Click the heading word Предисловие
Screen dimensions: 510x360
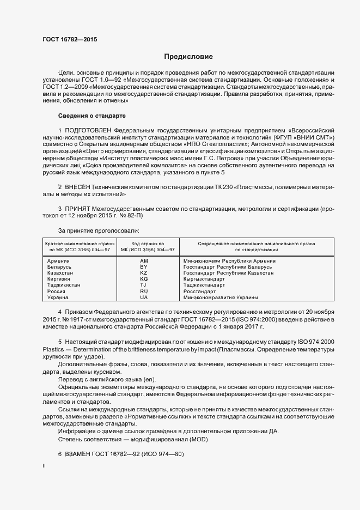188,57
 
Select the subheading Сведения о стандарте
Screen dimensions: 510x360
91,116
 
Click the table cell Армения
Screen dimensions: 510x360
59,261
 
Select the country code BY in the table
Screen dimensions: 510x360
144,267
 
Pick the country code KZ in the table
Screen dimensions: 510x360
144,273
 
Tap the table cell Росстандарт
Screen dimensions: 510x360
201,292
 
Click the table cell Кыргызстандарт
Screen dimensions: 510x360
205,279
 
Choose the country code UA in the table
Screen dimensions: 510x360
144,297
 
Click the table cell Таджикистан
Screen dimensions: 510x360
64,286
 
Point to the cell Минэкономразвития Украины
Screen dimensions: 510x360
221,297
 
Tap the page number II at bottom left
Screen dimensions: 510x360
44,466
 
